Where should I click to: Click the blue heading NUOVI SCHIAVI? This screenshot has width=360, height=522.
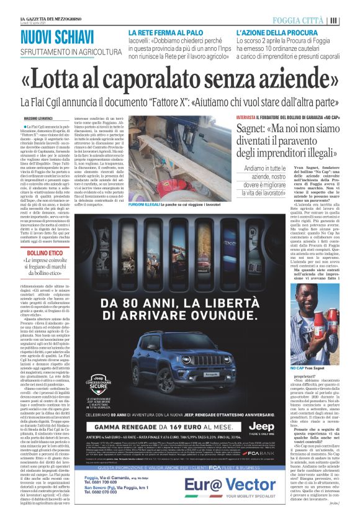pos(56,37)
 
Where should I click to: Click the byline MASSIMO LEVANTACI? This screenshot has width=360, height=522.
pos(38,118)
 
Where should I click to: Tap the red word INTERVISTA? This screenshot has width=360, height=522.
pos(246,117)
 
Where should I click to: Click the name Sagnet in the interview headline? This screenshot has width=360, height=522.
pos(258,129)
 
